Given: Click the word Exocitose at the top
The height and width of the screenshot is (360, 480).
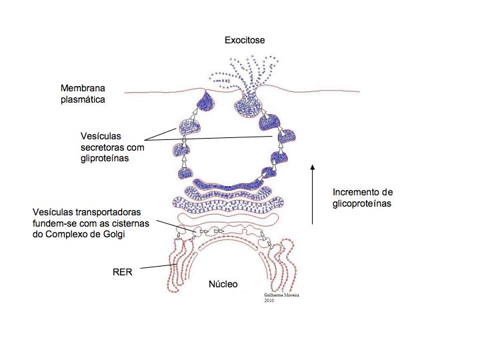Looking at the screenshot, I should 244,41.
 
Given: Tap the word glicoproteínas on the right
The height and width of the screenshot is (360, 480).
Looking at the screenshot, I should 361,203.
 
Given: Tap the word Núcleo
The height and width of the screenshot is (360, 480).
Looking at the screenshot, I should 224,284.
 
